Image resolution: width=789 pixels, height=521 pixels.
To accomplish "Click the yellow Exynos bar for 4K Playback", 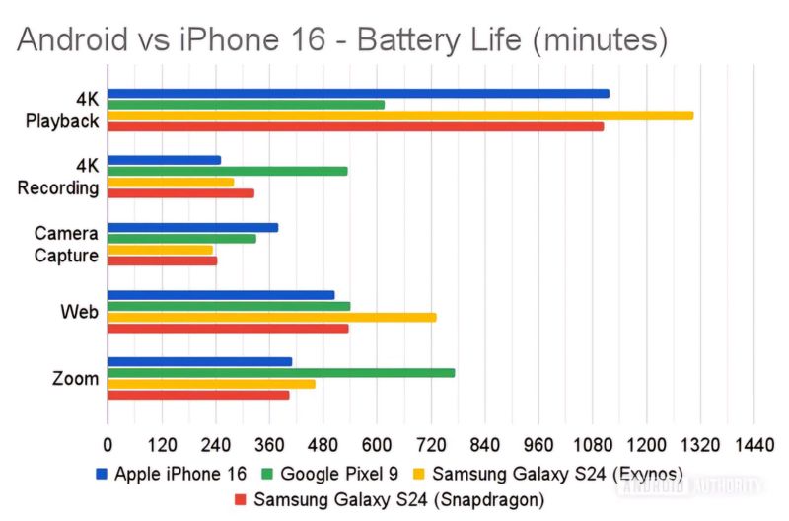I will (399, 115).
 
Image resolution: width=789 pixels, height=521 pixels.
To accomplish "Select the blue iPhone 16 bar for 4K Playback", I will (358, 93).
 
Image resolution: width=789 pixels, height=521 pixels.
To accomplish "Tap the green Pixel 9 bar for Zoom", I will (281, 372).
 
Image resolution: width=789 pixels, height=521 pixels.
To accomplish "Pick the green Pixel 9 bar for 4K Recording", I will (227, 171).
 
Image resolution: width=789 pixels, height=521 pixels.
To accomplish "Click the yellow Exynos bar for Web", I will (271, 317).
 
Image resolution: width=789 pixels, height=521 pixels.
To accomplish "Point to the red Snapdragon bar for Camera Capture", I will (162, 260).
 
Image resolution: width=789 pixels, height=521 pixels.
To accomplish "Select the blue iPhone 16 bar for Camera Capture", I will (192, 227).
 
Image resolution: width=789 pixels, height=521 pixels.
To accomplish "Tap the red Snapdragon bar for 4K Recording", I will (180, 192).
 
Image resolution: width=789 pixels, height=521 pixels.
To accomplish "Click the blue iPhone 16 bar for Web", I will (221, 294).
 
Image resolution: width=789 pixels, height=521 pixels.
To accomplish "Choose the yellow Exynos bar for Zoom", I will (211, 383).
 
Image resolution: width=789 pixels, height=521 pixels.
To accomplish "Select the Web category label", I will (79, 312).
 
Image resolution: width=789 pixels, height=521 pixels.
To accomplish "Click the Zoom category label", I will (76, 378).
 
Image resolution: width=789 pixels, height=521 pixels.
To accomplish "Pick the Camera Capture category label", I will (66, 245).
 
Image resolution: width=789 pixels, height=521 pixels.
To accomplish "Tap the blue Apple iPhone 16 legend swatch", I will (102, 474).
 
